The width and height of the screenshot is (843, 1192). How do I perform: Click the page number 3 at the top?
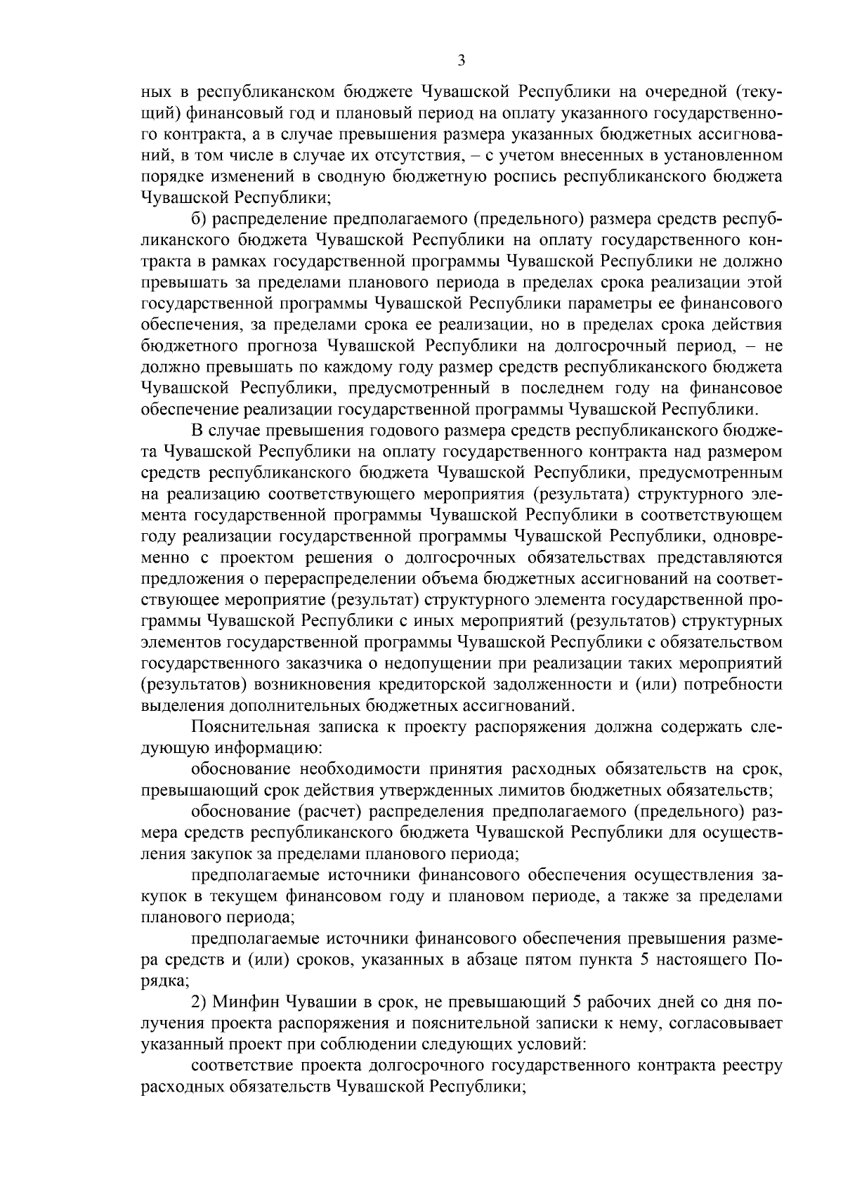[x=461, y=60]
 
